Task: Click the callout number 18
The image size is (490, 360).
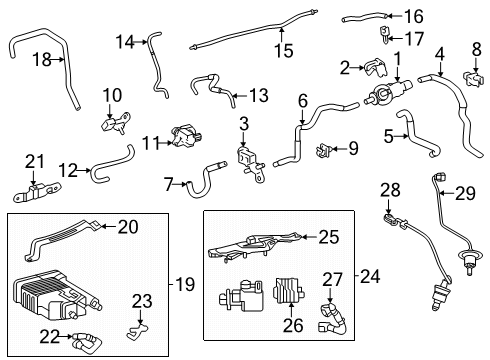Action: (x=42, y=60)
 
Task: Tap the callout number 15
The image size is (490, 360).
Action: (x=284, y=48)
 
